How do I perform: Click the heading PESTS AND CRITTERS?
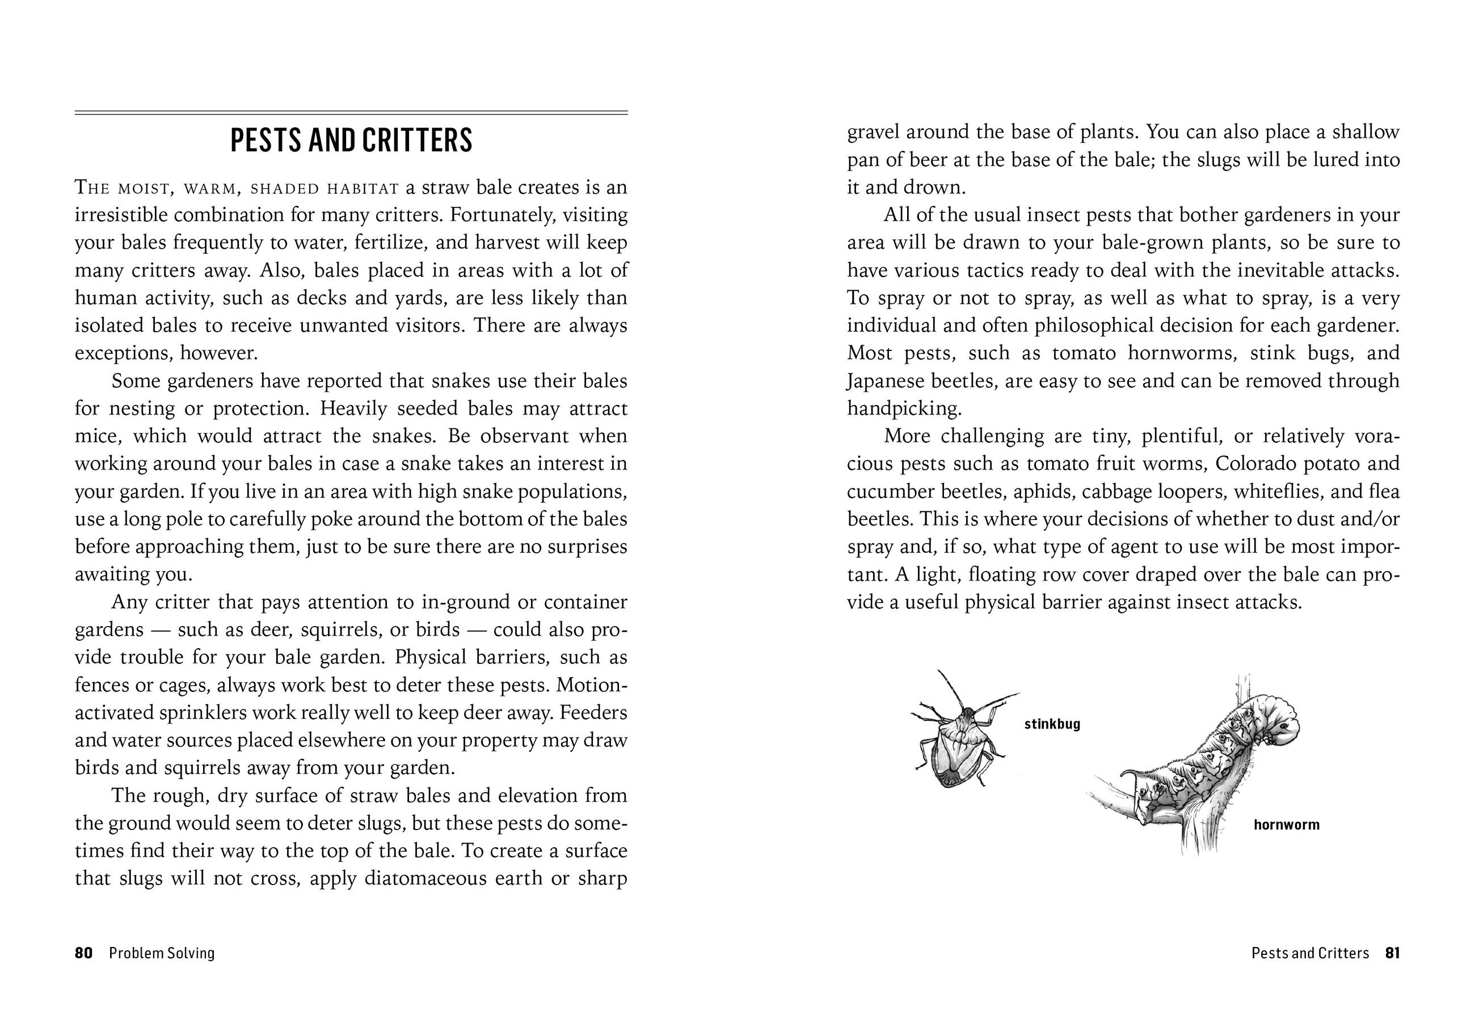[x=351, y=141]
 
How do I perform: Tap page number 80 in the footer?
[x=83, y=953]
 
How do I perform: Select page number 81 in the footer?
[x=1392, y=953]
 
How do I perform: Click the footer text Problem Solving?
[x=161, y=953]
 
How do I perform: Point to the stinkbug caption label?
[x=1052, y=725]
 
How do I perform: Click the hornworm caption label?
[x=1286, y=824]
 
